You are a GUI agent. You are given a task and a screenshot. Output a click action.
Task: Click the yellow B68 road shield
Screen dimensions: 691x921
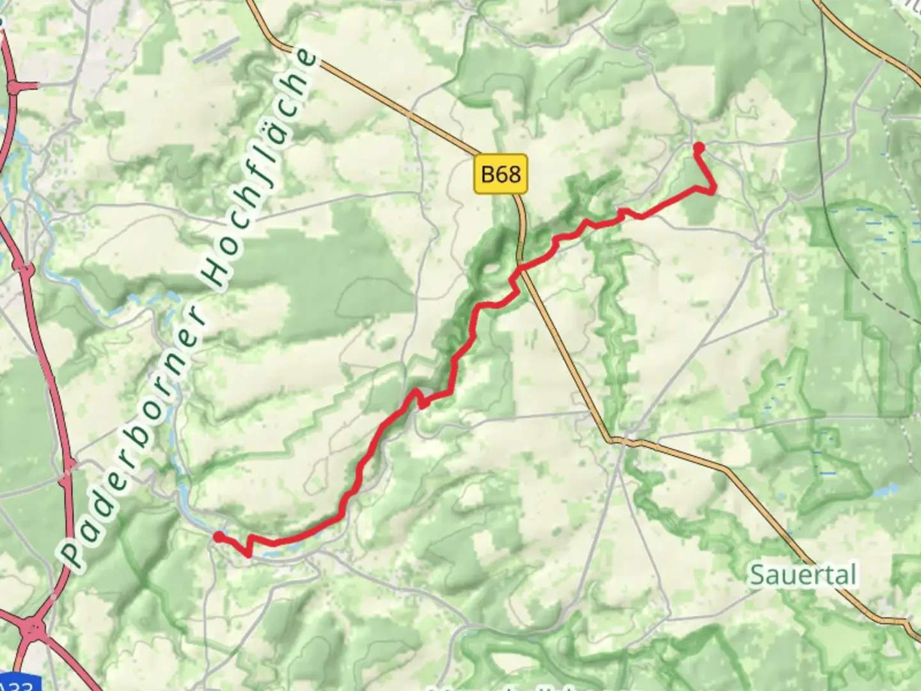501,173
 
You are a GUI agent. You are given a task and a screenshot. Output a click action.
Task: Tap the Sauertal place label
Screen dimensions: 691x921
803,575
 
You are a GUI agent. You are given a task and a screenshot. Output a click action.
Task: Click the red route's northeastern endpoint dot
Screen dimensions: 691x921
699,148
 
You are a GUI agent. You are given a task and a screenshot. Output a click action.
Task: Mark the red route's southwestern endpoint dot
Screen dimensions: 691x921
218,537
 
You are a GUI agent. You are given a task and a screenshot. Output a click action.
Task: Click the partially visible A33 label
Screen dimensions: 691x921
16,683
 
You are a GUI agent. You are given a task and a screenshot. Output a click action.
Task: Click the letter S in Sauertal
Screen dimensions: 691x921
757,575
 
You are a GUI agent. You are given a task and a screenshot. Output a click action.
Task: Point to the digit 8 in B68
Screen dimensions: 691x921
514,173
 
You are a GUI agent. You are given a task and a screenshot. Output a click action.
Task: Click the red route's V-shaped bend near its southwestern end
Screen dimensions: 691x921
249,554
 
